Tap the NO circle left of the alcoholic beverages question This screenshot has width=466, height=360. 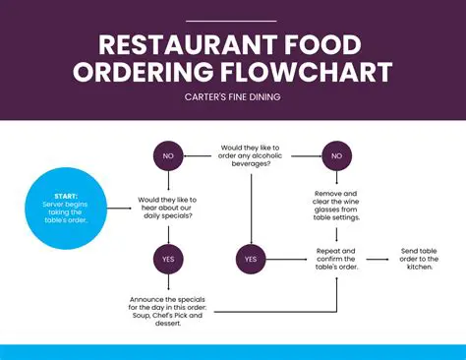[x=167, y=155]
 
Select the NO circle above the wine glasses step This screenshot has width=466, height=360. [x=337, y=155]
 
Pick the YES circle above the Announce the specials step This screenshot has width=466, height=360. [x=167, y=259]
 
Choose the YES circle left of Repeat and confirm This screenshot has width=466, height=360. [x=250, y=259]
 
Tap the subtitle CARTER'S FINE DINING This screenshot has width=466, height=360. [x=233, y=96]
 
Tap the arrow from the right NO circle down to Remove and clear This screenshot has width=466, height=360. [x=337, y=179]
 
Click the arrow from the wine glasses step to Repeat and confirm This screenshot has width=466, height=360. [x=337, y=234]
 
